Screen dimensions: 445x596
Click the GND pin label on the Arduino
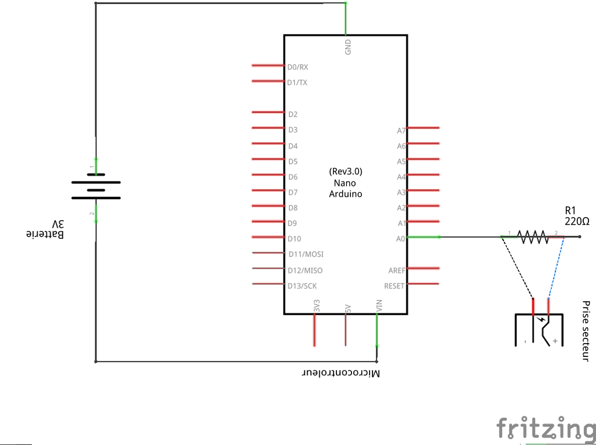click(x=348, y=47)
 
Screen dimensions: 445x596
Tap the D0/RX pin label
click(x=297, y=67)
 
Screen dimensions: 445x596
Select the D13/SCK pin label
click(x=302, y=285)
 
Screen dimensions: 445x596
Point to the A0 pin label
click(x=400, y=238)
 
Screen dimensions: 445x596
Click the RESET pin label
click(x=394, y=286)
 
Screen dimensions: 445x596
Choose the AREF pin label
click(x=396, y=270)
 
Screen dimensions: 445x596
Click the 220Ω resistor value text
click(x=577, y=222)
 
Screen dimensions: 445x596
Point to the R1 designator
click(x=570, y=211)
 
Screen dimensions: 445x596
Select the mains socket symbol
click(x=540, y=330)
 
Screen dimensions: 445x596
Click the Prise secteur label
click(x=586, y=331)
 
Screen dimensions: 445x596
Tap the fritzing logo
click(x=545, y=430)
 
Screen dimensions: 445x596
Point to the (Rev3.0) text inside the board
click(x=346, y=172)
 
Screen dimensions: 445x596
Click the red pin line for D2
click(x=267, y=112)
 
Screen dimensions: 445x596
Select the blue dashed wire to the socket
click(x=555, y=268)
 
